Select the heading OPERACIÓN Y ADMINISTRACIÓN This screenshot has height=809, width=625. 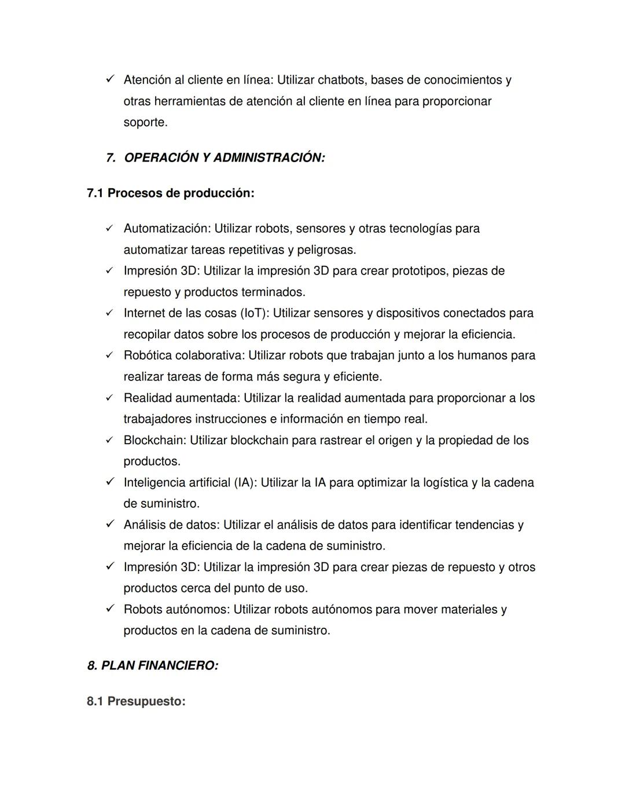click(224, 158)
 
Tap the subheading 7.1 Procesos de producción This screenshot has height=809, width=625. click(171, 193)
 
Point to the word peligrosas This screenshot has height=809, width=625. click(326, 250)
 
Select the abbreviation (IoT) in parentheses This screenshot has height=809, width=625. click(254, 313)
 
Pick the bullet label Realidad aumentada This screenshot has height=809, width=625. click(181, 398)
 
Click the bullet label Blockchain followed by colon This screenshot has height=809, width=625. click(155, 441)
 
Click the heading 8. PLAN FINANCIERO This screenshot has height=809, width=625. click(153, 666)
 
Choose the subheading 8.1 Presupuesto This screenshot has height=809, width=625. click(136, 701)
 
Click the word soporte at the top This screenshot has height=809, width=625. click(145, 123)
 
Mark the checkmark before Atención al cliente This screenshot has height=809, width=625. click(109, 79)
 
